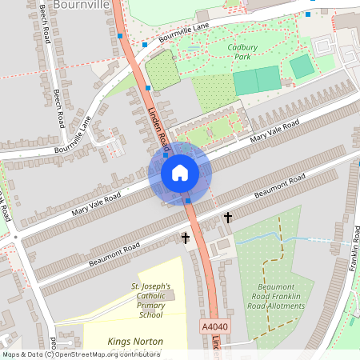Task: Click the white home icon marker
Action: coord(179,173)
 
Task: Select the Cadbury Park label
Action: coord(242,52)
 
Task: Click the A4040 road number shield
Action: coord(214,326)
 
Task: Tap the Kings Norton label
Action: coord(135,342)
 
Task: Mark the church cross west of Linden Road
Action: coord(186,238)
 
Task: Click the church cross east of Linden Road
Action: coord(227,217)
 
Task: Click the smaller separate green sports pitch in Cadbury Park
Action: coord(302,66)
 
